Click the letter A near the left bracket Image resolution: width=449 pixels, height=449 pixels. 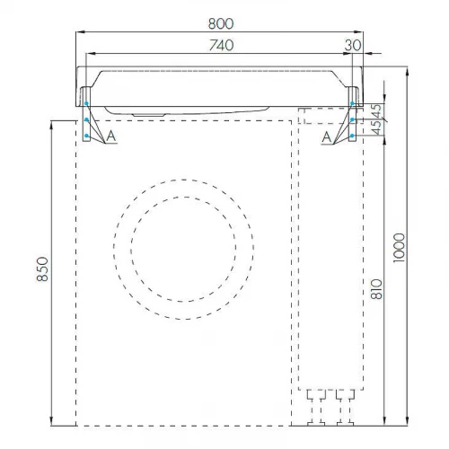point(110,135)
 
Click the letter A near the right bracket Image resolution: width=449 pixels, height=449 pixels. point(327,135)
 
